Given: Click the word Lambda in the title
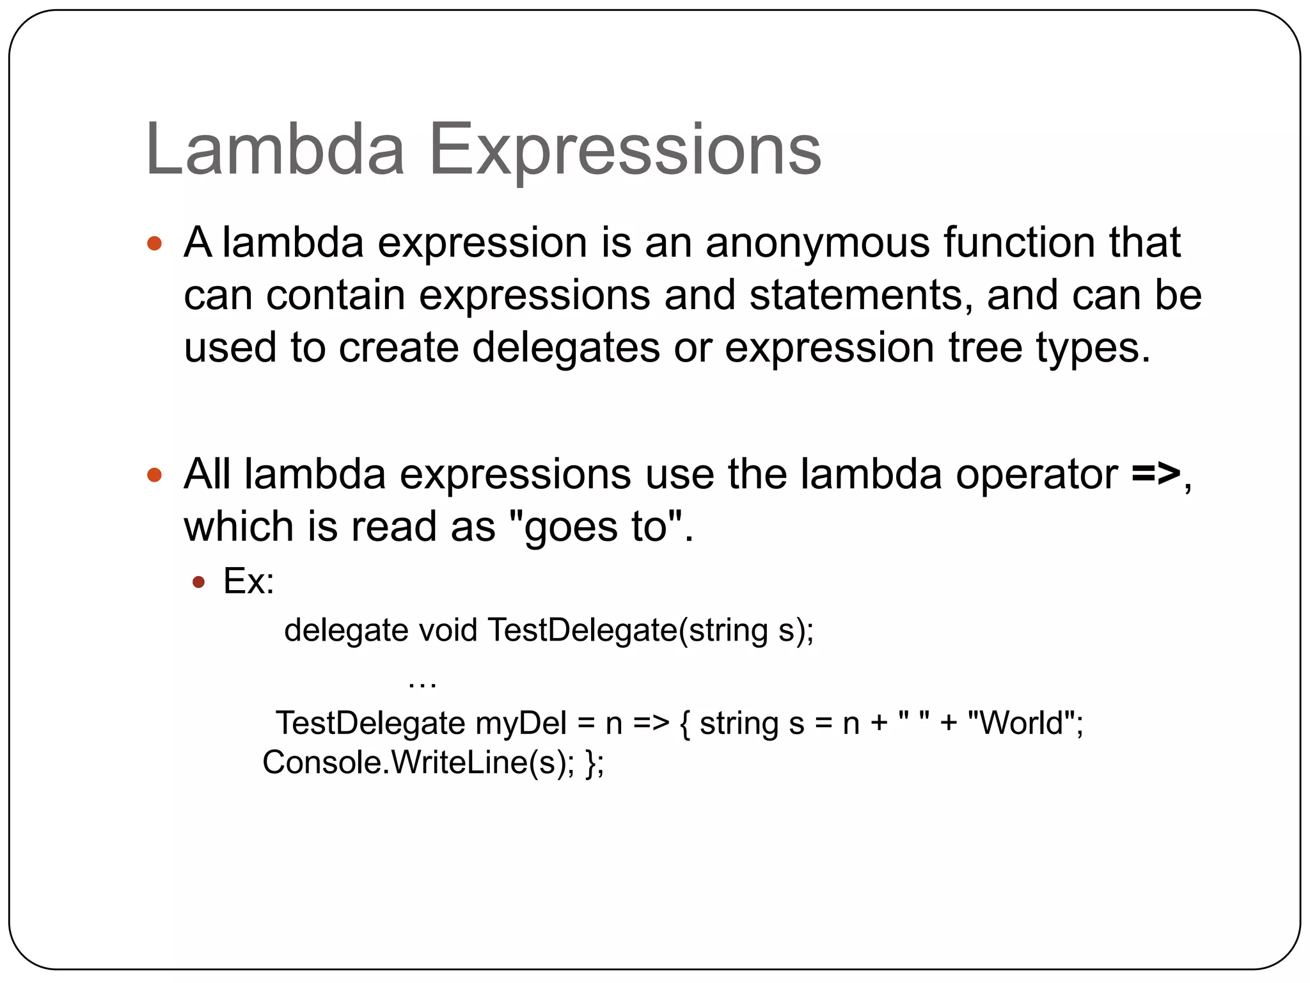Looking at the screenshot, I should tap(275, 150).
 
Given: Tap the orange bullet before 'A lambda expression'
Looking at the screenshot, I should tap(154, 243).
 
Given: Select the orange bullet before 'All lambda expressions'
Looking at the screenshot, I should tap(154, 475).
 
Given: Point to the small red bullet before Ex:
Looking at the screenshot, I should tap(198, 582).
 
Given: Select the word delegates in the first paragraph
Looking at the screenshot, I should tap(566, 348).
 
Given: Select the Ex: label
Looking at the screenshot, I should tap(248, 582).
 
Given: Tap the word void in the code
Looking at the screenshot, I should tap(448, 630).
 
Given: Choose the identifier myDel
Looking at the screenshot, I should tap(521, 724).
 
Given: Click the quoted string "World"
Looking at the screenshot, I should tap(1021, 723).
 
